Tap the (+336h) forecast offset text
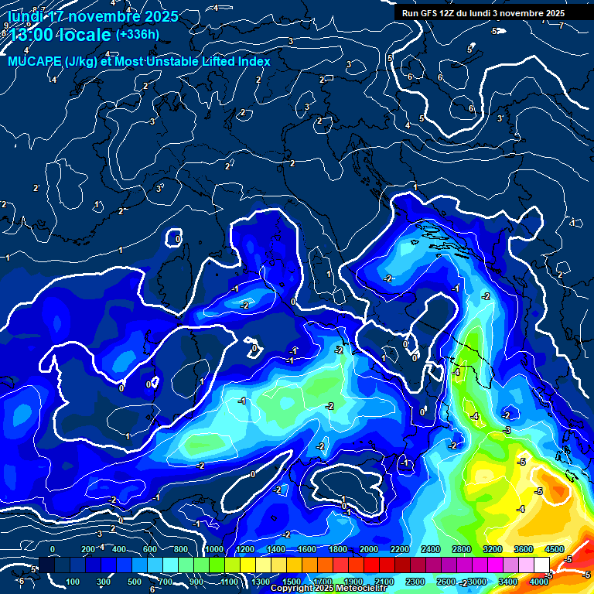pyautogui.click(x=137, y=34)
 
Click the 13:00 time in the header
pyautogui.click(x=30, y=35)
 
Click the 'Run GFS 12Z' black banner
pyautogui.click(x=483, y=13)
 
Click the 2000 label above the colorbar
pyautogui.click(x=368, y=549)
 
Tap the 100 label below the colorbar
pyautogui.click(x=74, y=582)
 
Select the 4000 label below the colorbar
pyautogui.click(x=540, y=582)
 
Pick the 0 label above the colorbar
pyautogui.click(x=53, y=549)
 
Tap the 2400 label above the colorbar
pyautogui.click(x=430, y=549)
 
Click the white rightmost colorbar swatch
pyautogui.click(x=541, y=565)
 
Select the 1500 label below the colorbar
pyautogui.click(x=291, y=582)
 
